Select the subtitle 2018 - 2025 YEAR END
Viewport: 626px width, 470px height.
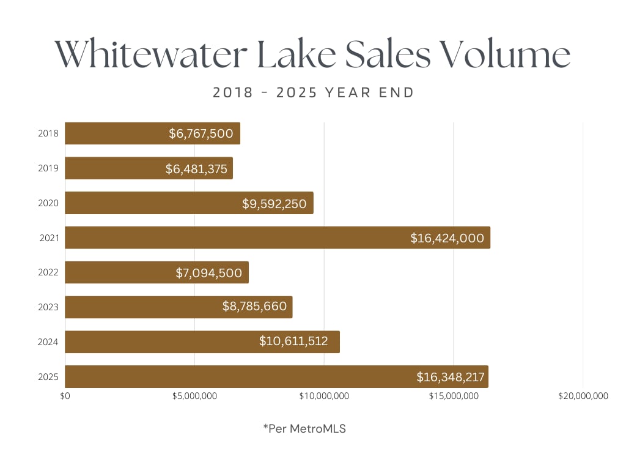pyautogui.click(x=313, y=93)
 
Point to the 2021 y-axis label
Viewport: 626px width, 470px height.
pyautogui.click(x=50, y=237)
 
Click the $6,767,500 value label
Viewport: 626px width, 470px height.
pyautogui.click(x=201, y=133)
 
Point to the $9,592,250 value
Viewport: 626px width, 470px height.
pyautogui.click(x=274, y=203)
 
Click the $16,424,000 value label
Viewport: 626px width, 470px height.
pyautogui.click(x=447, y=238)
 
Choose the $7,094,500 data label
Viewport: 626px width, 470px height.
pyautogui.click(x=209, y=272)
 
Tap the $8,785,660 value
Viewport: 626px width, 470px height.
pyautogui.click(x=254, y=307)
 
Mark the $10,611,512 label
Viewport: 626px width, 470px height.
pyautogui.click(x=293, y=341)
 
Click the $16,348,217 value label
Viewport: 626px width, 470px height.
pyautogui.click(x=451, y=377)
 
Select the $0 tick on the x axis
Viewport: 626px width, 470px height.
pyautogui.click(x=65, y=396)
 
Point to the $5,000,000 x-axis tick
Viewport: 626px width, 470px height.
pyautogui.click(x=194, y=396)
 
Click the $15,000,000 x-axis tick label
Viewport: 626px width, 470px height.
pyautogui.click(x=454, y=396)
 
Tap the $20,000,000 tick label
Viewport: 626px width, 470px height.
pyautogui.click(x=583, y=396)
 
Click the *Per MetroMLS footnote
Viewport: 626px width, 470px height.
pyautogui.click(x=304, y=429)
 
